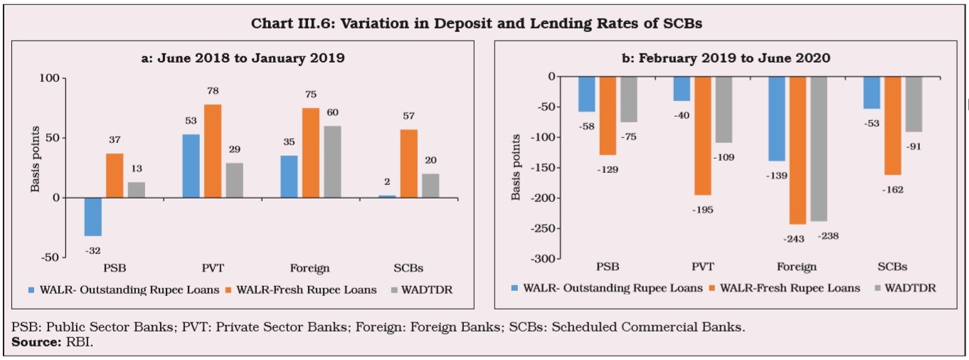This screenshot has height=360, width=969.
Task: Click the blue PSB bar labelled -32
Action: [92, 216]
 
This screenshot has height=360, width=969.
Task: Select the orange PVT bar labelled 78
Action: [213, 151]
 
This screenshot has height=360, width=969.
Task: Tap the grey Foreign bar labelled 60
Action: [332, 162]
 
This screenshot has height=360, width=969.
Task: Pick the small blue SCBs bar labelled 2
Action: [387, 196]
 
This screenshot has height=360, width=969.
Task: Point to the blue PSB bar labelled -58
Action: [586, 94]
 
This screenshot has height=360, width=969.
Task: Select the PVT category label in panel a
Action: [213, 269]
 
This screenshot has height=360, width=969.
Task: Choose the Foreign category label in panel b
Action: [798, 267]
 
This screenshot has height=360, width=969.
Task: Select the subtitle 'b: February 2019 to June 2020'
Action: [726, 58]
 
